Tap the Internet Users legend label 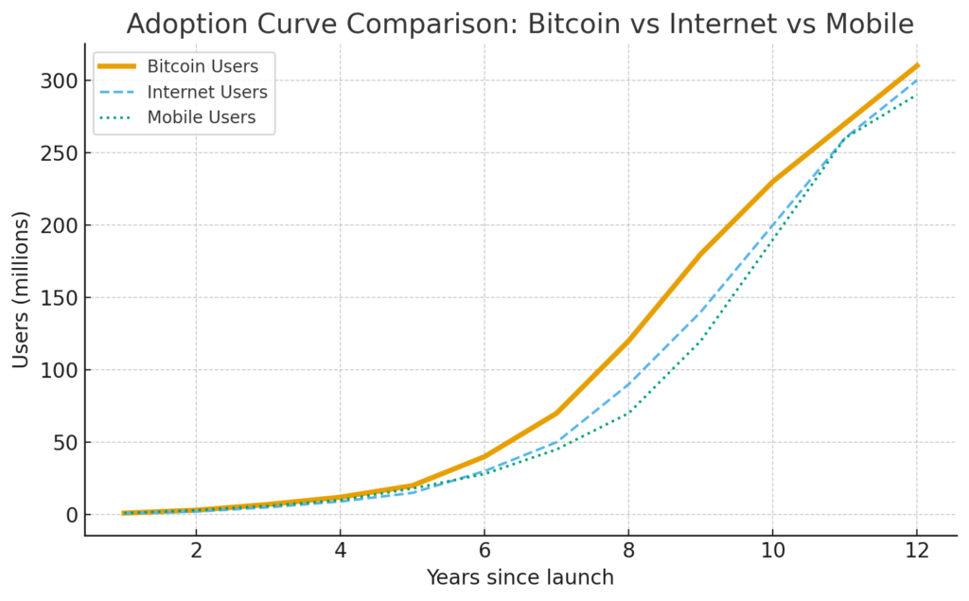(207, 93)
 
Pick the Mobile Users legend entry (202, 118)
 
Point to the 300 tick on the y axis (59, 81)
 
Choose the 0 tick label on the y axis (70, 515)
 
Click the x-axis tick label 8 (628, 551)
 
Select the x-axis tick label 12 (916, 551)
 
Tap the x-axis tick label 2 (196, 551)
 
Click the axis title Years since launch (520, 576)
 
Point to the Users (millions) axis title (21, 290)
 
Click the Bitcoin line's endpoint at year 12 (916, 66)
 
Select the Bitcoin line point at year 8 (628, 341)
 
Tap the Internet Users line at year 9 (700, 312)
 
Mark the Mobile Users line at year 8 (628, 414)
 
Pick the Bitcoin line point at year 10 (772, 182)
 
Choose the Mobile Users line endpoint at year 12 (916, 96)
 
